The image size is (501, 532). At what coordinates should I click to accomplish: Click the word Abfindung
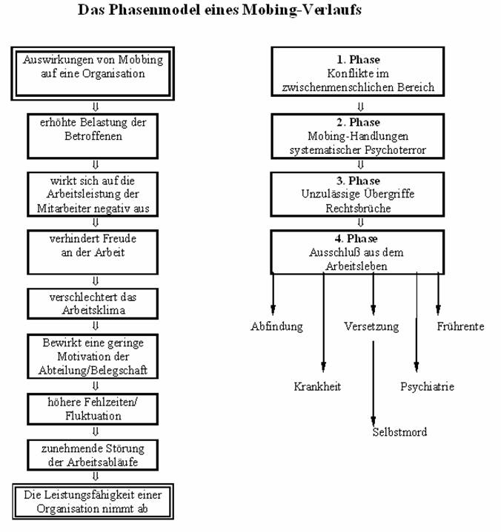click(x=276, y=326)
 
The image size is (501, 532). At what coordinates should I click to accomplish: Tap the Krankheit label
click(x=317, y=386)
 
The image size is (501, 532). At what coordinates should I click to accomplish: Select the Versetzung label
click(x=371, y=326)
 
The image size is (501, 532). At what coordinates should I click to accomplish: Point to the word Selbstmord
click(x=399, y=432)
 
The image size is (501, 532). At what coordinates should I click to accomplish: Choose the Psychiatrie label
click(x=427, y=386)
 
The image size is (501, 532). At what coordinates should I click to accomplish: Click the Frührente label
click(x=460, y=326)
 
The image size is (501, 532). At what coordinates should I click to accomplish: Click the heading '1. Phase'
click(x=358, y=60)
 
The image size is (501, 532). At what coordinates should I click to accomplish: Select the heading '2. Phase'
click(x=358, y=122)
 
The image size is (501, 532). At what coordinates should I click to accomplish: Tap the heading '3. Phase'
click(x=358, y=181)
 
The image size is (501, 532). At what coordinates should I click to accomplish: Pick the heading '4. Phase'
click(x=356, y=238)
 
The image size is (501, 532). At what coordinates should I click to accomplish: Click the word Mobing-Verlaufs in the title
click(x=302, y=10)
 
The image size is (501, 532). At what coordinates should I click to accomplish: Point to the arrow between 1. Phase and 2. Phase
click(x=361, y=107)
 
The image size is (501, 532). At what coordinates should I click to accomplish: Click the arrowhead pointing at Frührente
click(x=438, y=310)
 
